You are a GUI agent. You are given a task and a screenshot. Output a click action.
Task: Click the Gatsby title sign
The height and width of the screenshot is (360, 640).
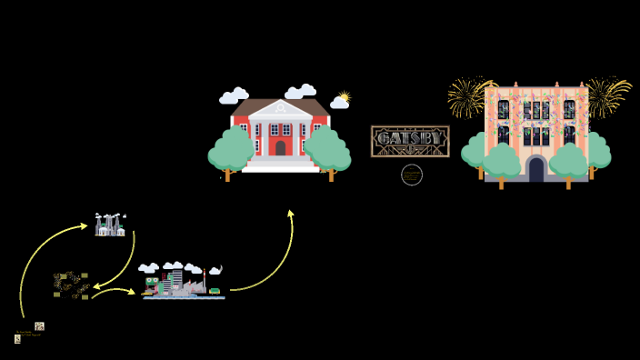[x=410, y=140]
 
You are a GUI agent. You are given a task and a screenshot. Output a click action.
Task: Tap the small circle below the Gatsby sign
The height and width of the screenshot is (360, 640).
[x=412, y=175]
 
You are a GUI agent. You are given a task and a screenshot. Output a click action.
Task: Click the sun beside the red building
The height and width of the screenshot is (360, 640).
[x=344, y=96]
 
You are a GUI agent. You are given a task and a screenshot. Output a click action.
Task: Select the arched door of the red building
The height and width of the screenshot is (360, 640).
[x=280, y=147]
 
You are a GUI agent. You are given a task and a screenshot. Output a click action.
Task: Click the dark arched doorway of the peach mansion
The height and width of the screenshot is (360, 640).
[x=536, y=169]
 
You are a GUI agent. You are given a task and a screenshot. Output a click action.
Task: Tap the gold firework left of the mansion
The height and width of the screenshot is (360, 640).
[x=467, y=95]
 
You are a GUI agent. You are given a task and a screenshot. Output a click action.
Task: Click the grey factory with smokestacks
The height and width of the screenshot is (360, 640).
[x=110, y=225]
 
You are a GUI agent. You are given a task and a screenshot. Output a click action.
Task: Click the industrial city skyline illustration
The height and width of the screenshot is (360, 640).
[x=182, y=283]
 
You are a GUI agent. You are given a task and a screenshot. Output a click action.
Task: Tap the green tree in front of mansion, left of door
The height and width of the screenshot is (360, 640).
[x=501, y=163]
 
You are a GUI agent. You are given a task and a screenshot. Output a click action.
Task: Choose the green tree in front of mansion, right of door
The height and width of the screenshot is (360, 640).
[x=569, y=163]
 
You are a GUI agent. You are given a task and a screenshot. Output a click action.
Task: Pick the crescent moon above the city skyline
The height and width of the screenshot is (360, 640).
[x=215, y=270]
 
